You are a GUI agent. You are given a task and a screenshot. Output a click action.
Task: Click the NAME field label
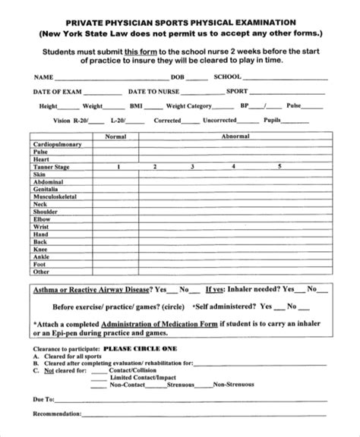(x=43, y=77)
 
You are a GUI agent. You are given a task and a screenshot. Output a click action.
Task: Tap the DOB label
(x=178, y=77)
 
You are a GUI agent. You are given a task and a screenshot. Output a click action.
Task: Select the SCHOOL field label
(x=227, y=77)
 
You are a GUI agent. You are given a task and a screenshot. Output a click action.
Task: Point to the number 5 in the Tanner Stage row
(x=279, y=165)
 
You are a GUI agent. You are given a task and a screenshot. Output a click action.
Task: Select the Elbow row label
(x=42, y=218)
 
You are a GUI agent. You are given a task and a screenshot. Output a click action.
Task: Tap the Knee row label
(x=40, y=249)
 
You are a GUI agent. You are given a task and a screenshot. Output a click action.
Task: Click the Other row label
(x=41, y=271)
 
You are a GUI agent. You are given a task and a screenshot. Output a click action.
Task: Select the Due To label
(x=43, y=398)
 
